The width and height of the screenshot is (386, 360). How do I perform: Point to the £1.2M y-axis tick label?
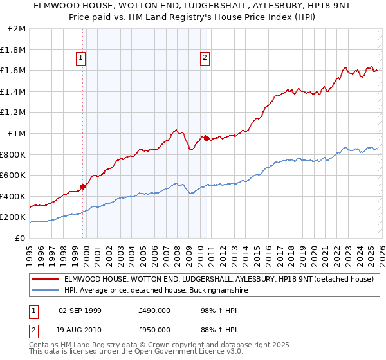[x=14, y=113]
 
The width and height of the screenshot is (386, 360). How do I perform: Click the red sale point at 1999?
[x=82, y=186]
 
